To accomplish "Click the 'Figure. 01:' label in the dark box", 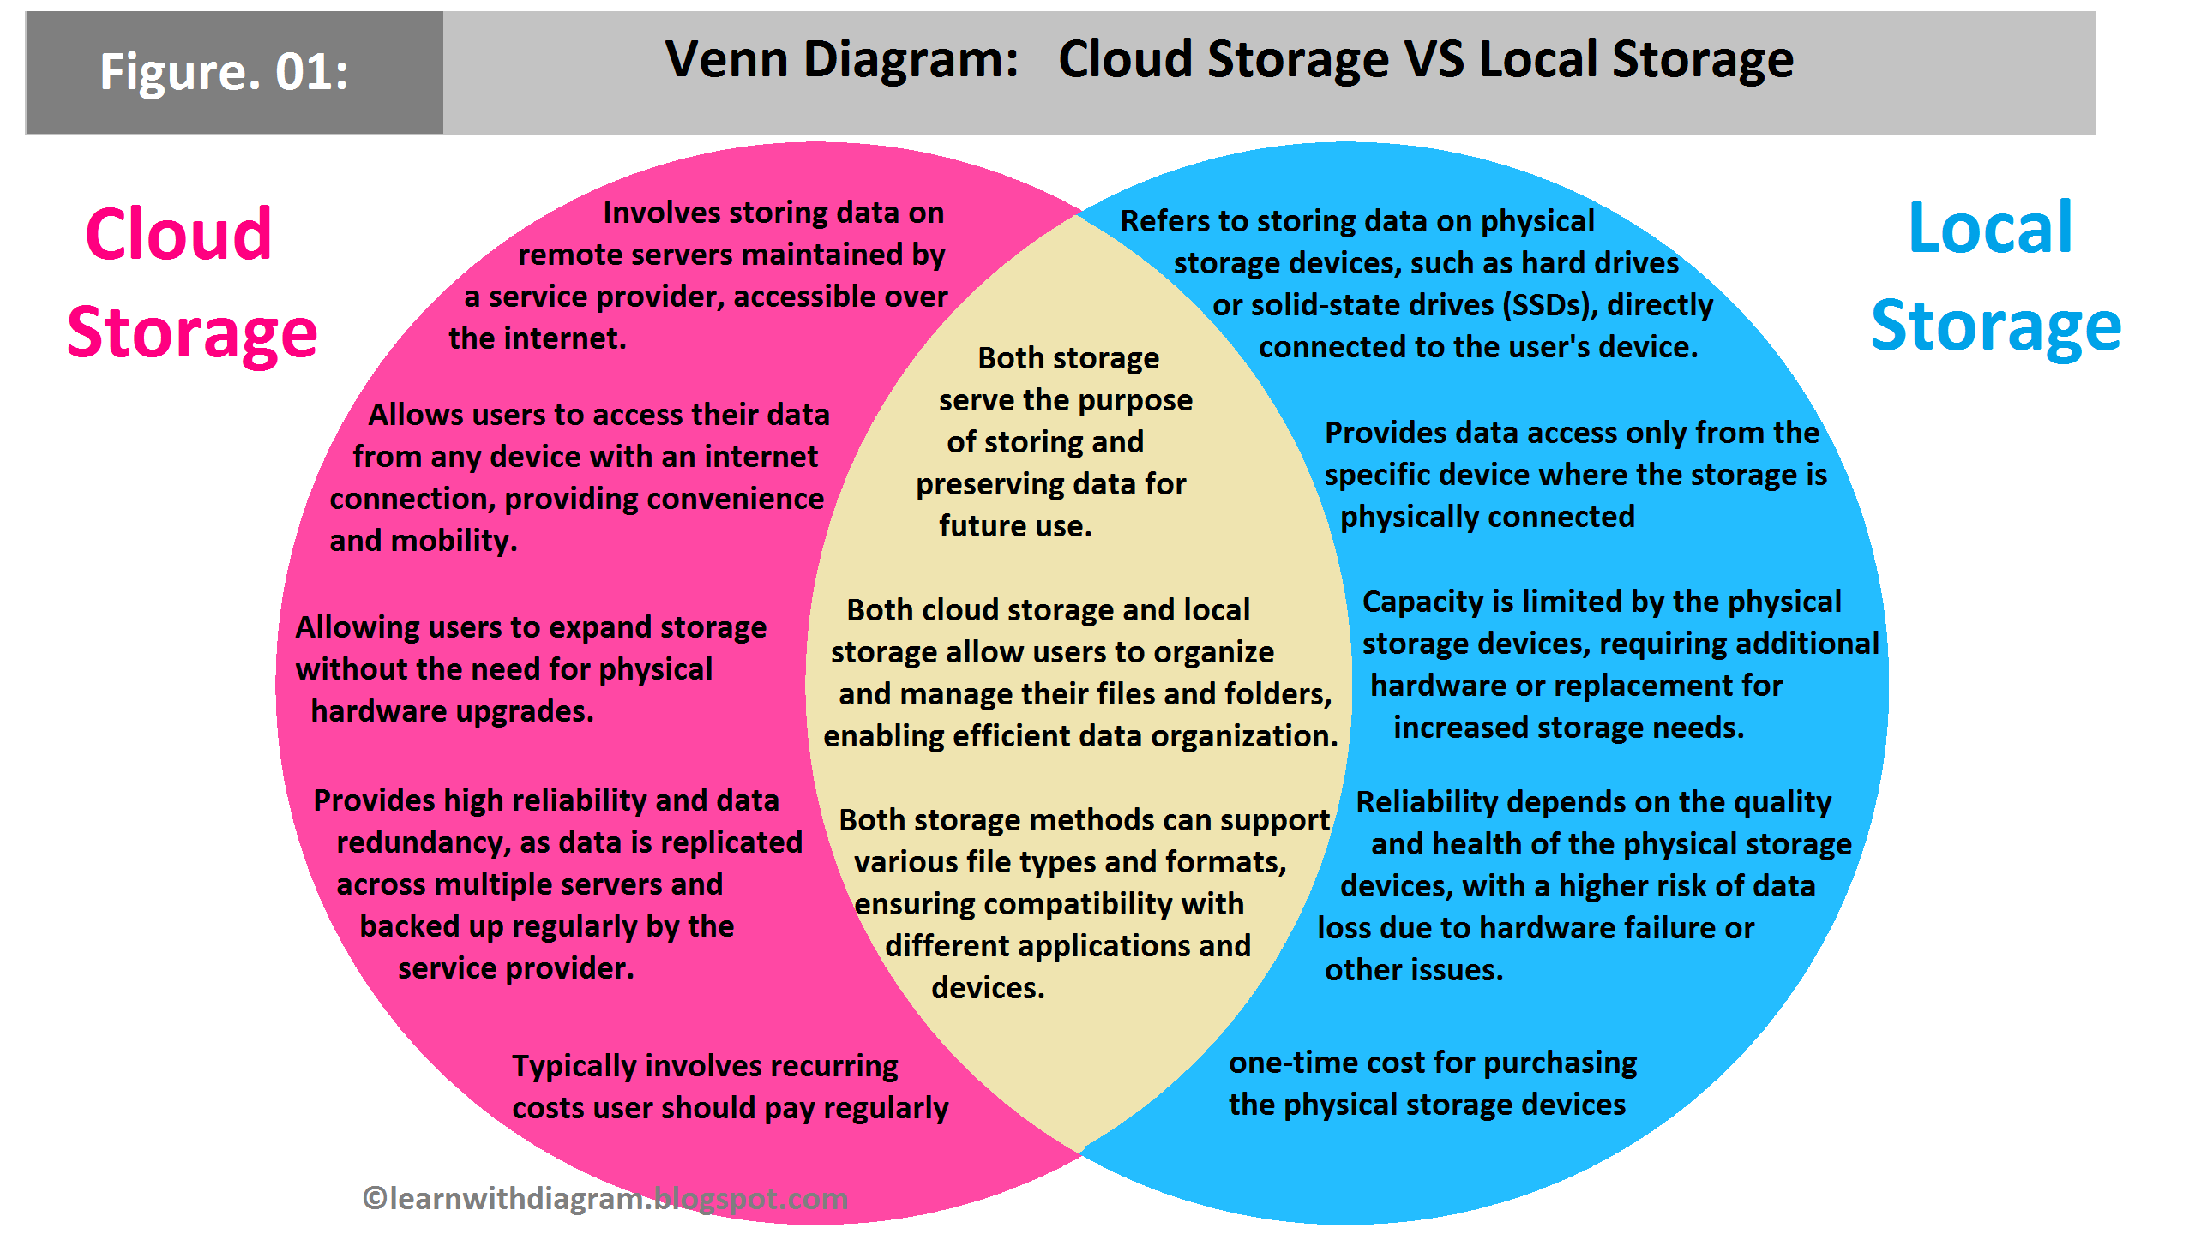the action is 224,71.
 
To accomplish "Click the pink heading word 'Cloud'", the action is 178,234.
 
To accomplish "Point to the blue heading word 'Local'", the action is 1990,228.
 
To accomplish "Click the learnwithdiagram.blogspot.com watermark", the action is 605,1198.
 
